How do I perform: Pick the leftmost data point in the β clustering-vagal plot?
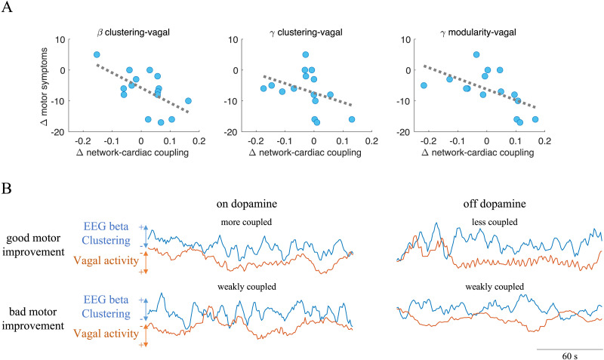pyautogui.click(x=97, y=54)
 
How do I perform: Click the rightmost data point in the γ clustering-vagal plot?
pyautogui.click(x=352, y=119)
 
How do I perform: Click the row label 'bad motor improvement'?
pyautogui.click(x=35, y=317)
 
